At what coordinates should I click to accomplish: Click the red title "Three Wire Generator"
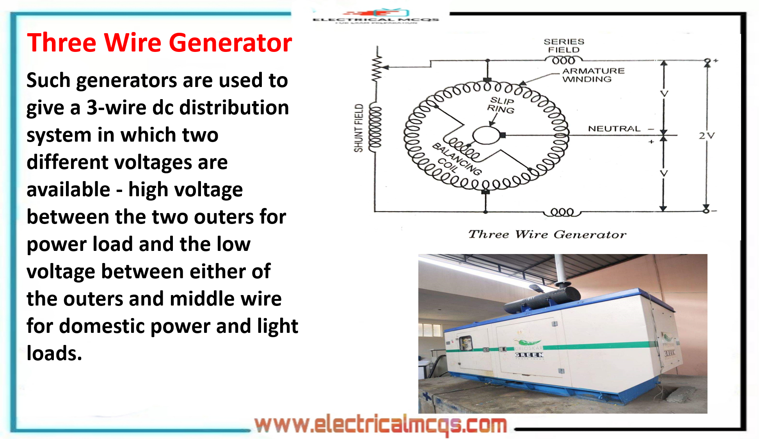(159, 43)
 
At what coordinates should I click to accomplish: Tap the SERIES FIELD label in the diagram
(564, 46)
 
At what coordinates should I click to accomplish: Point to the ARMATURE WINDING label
(593, 75)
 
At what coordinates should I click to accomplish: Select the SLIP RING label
(501, 105)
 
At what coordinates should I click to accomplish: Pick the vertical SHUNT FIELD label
(359, 128)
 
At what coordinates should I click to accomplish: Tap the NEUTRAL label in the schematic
(614, 129)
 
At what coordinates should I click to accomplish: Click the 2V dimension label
(706, 136)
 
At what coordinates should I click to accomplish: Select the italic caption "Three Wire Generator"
(547, 234)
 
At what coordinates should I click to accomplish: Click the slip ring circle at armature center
(486, 136)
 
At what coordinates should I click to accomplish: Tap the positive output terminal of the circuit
(707, 61)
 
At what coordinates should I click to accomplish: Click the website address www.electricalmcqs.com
(380, 425)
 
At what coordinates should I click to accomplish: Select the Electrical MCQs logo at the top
(376, 16)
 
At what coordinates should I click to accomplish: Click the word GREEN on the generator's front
(529, 355)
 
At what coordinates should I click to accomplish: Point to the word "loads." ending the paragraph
(54, 354)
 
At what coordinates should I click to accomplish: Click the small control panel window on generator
(465, 343)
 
